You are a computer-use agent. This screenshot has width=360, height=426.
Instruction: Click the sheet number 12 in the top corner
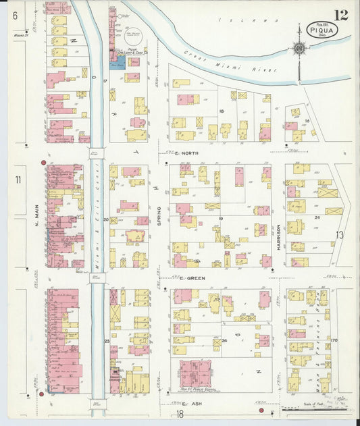(340, 15)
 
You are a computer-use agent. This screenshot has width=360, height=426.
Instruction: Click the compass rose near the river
(299, 49)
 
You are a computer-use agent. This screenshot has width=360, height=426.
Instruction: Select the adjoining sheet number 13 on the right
(340, 235)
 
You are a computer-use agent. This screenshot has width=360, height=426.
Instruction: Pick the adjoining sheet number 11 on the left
(18, 180)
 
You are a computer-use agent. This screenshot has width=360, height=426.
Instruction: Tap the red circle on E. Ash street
(261, 410)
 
